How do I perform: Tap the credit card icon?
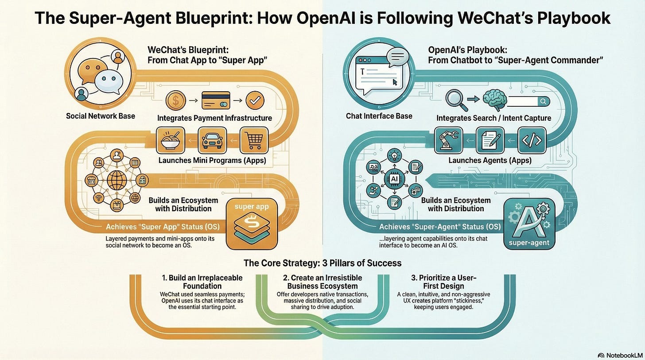tap(216, 100)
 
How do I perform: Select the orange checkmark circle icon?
tap(254, 100)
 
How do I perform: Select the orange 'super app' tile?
tap(251, 224)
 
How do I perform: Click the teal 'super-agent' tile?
tap(529, 224)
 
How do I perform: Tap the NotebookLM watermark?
tap(619, 355)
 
